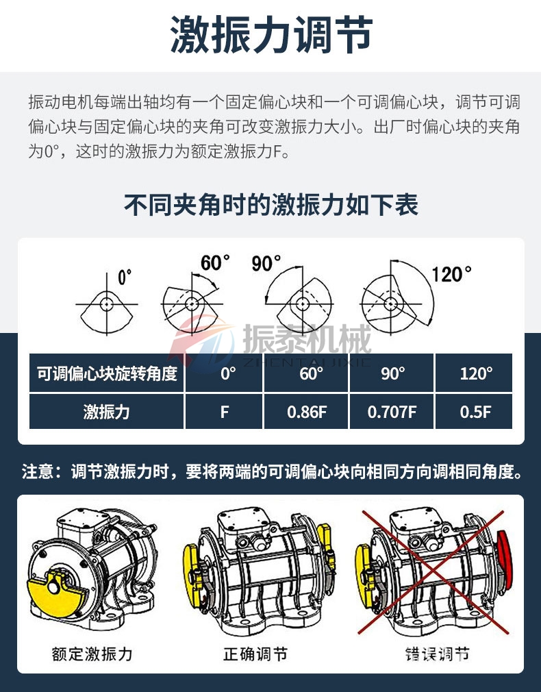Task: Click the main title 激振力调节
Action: [x=270, y=36]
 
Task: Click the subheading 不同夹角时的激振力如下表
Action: [x=270, y=205]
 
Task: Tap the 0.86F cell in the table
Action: [x=307, y=412]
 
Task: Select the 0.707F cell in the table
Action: [x=392, y=412]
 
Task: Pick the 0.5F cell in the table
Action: [x=475, y=412]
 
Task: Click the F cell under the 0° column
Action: [x=224, y=412]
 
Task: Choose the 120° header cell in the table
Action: [x=475, y=373]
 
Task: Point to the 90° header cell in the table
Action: [x=392, y=373]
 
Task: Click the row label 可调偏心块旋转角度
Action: [x=107, y=373]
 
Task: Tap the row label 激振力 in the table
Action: [x=107, y=412]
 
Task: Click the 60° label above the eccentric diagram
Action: [x=215, y=262]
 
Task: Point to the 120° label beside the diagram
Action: [x=451, y=274]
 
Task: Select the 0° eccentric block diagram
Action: [x=106, y=303]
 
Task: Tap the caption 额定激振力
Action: [x=92, y=654]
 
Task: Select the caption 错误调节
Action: [x=437, y=654]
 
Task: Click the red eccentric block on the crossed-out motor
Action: [x=505, y=559]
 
